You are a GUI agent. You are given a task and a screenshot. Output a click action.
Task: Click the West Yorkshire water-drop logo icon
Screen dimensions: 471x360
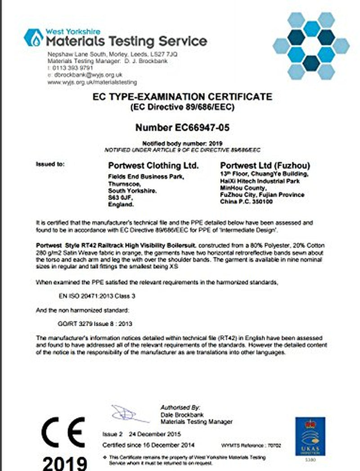click(33, 37)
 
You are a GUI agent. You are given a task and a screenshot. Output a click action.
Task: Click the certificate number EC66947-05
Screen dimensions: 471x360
click(182, 128)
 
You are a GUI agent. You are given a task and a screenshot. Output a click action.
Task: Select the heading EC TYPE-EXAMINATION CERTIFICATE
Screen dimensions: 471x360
click(182, 97)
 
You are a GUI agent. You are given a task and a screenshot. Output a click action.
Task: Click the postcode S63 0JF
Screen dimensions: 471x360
click(118, 197)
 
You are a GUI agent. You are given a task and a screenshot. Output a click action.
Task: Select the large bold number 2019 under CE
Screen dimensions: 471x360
click(65, 462)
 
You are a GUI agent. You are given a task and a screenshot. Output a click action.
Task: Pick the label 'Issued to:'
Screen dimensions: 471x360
click(50, 165)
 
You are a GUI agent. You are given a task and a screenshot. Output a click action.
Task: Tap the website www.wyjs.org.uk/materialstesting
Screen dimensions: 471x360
click(92, 82)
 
